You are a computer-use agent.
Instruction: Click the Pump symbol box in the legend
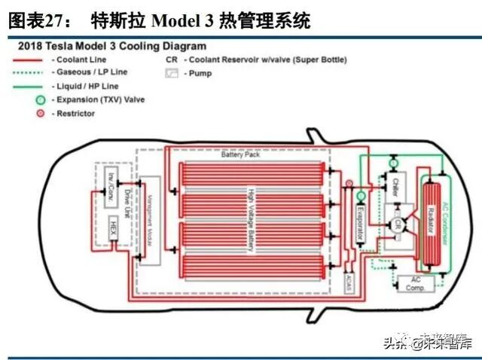173,73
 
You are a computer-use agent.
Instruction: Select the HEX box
111,225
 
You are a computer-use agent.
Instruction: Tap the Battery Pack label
240,157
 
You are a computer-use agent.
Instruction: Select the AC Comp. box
415,282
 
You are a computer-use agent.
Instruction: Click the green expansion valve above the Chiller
392,163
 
